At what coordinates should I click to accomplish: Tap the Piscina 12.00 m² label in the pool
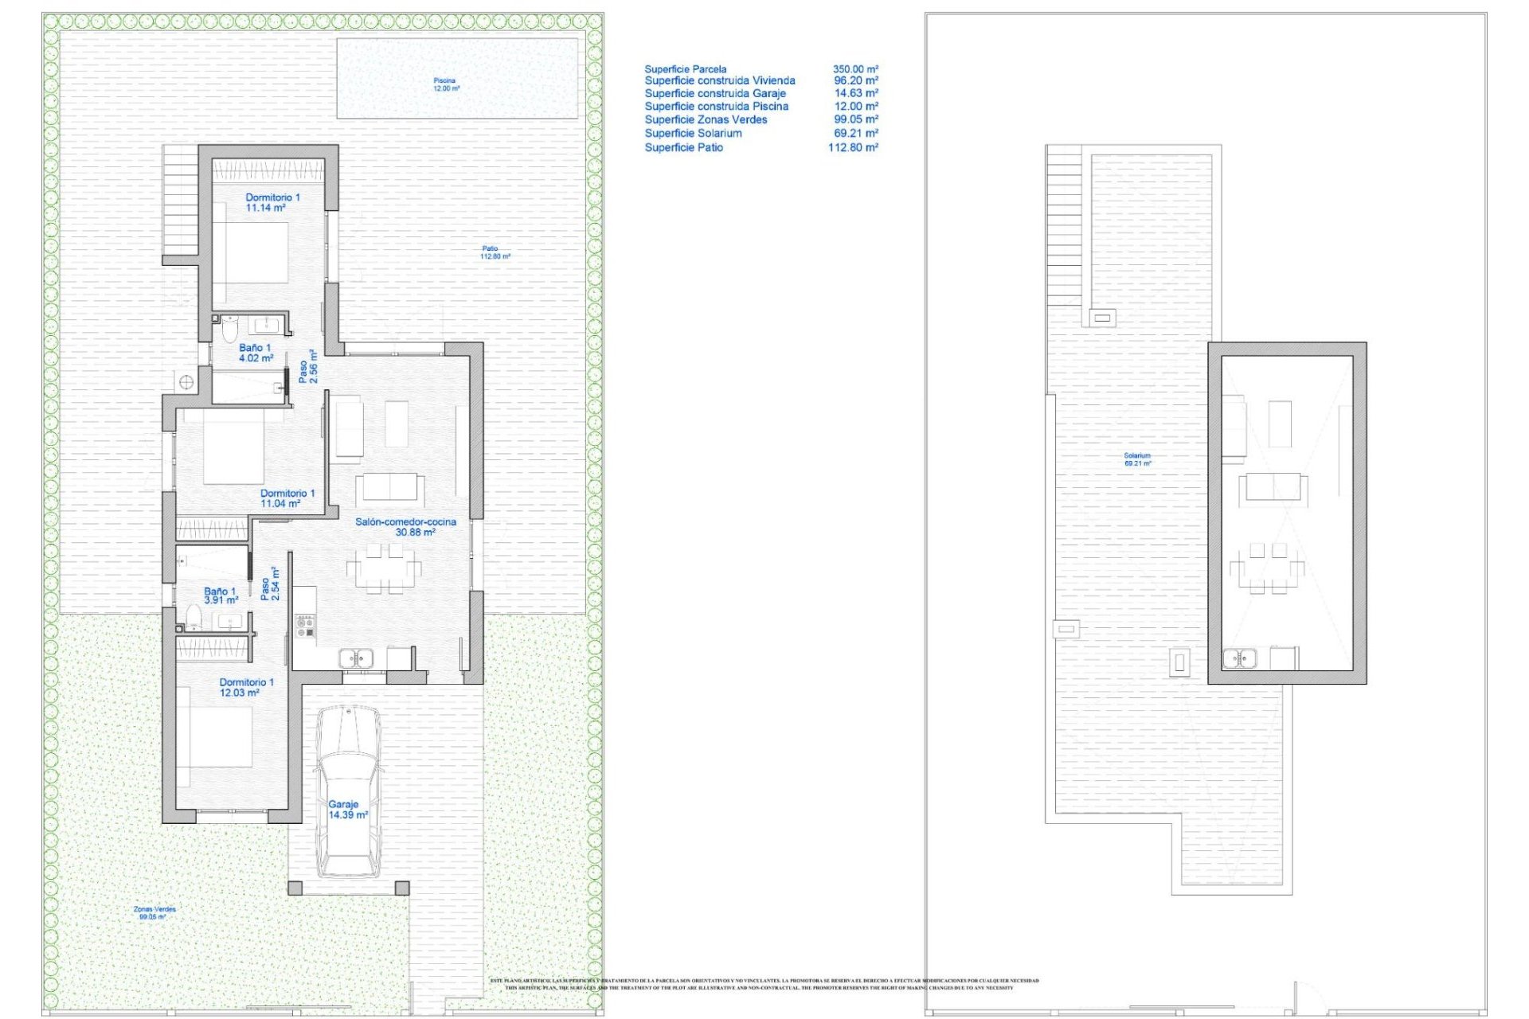point(445,84)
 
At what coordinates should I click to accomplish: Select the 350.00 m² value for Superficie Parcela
point(855,69)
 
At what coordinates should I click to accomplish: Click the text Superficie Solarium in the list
point(693,134)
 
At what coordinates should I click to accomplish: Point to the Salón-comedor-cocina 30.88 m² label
point(405,527)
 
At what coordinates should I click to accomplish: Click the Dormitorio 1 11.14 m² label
point(272,202)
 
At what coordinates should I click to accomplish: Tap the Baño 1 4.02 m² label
point(255,353)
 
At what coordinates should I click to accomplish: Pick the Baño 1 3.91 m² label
point(220,596)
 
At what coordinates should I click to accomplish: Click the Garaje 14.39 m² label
point(347,810)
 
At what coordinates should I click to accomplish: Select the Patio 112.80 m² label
point(494,252)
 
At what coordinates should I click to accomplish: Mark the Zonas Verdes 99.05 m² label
point(154,913)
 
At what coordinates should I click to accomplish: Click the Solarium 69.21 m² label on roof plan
point(1136,459)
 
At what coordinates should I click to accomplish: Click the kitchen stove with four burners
point(305,627)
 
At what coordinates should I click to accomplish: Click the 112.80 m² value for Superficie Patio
point(853,148)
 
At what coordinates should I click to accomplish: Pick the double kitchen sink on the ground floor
point(355,658)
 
